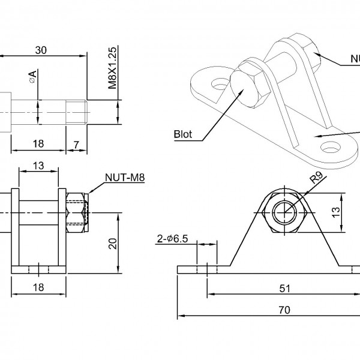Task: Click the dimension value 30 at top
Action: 41,50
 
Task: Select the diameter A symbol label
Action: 32,77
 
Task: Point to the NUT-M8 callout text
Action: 125,177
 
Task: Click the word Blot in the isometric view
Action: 182,134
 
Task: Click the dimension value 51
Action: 286,288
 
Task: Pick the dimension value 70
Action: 284,310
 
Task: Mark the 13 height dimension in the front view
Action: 336,212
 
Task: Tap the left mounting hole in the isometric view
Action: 220,85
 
